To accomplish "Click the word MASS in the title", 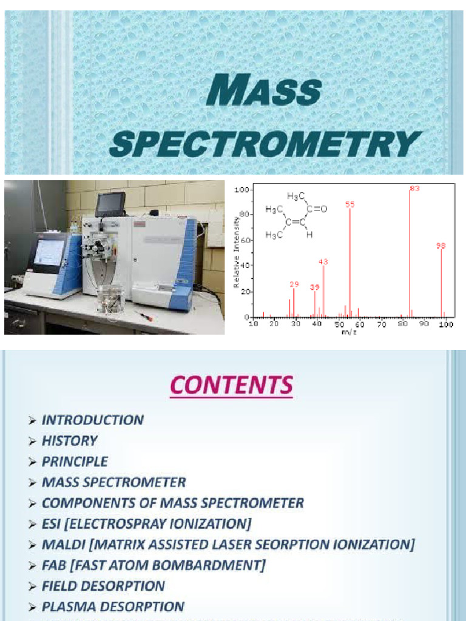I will click(x=263, y=92).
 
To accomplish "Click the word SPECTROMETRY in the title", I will click(x=265, y=144).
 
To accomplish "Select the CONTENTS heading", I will click(x=231, y=385).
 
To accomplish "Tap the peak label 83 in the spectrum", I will click(x=414, y=189).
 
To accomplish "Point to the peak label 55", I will click(x=350, y=205).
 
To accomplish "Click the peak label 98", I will click(x=441, y=246).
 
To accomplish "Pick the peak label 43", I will click(x=323, y=262).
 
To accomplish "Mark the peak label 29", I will click(x=294, y=284).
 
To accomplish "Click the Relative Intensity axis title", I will click(x=237, y=253).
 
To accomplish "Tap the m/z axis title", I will click(x=349, y=332).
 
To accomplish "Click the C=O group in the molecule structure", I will click(x=317, y=209).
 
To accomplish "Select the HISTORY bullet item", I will click(x=69, y=441).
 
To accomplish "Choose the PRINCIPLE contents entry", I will click(x=75, y=462).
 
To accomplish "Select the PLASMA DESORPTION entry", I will click(x=113, y=606).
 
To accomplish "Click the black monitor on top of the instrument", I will click(x=110, y=204).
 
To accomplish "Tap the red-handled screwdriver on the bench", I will click(x=143, y=315).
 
